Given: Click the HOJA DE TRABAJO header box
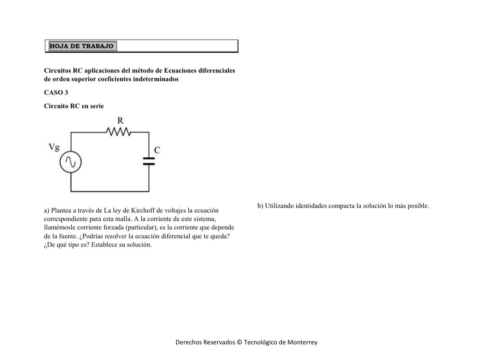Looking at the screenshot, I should [x=82, y=46].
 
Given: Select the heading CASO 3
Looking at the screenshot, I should [x=56, y=93].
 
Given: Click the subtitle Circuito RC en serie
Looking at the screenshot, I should [x=74, y=106].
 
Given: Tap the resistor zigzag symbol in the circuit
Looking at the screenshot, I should [x=119, y=132].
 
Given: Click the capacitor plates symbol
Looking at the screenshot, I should [x=149, y=160].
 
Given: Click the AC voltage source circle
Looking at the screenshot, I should [x=70, y=162].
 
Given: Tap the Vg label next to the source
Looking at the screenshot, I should [x=54, y=147].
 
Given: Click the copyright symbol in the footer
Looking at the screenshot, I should [x=240, y=342].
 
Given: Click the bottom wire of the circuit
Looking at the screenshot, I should [x=110, y=192].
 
